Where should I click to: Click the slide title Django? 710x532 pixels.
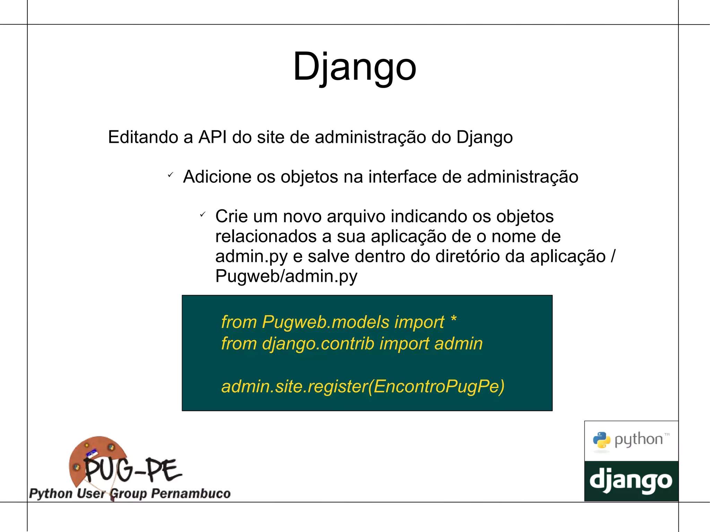click(354, 67)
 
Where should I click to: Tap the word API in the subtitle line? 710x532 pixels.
click(212, 137)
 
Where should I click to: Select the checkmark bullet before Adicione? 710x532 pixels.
click(170, 175)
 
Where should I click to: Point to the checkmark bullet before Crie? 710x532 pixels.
click(203, 215)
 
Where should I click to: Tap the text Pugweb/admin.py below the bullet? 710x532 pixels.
click(286, 276)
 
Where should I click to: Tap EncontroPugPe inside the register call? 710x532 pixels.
click(436, 386)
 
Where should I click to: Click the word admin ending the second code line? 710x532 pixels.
click(458, 344)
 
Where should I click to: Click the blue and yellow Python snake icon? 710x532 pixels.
click(601, 440)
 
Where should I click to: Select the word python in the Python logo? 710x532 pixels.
click(638, 439)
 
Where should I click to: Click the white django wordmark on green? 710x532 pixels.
click(631, 481)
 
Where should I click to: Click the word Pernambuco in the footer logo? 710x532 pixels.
click(191, 493)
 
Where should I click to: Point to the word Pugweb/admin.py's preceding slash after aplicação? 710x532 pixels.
click(613, 256)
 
